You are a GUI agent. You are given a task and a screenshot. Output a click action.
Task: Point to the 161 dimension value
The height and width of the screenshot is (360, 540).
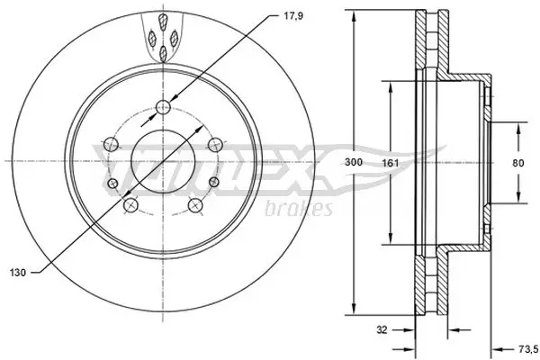(x=389, y=163)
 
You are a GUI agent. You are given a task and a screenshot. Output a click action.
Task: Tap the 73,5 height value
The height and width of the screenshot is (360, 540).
(x=526, y=342)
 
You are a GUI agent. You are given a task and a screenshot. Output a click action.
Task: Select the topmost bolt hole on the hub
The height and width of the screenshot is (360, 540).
(x=163, y=109)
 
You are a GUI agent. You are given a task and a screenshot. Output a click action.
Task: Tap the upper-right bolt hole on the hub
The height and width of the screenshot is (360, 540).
(x=214, y=143)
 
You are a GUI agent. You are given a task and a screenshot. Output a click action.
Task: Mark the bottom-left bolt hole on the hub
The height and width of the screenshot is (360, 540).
(x=129, y=206)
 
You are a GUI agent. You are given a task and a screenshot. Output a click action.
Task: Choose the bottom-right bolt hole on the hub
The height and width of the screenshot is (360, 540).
(x=195, y=206)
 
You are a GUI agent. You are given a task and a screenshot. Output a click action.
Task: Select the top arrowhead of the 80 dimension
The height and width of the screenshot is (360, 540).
(x=518, y=128)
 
